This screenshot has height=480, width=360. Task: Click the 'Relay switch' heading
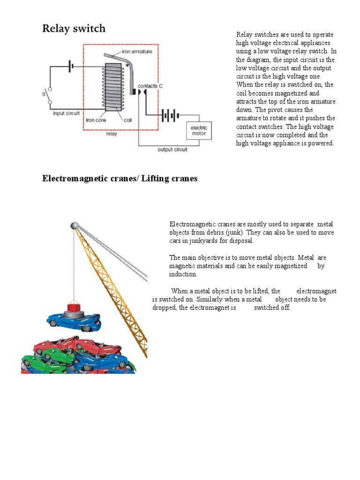74,29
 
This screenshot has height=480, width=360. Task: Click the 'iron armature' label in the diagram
136,52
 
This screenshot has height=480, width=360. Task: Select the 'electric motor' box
199,130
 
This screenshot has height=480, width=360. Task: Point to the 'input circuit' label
66,113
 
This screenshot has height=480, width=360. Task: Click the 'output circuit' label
172,150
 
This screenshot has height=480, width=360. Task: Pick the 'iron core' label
96,120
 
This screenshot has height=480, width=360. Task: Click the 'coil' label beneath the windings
127,120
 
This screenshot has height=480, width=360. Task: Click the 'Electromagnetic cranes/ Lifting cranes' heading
120,179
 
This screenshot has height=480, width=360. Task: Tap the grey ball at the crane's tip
74,226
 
